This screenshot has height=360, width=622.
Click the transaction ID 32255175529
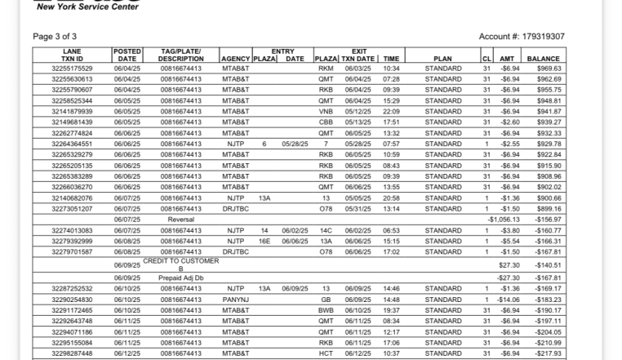(x=73, y=69)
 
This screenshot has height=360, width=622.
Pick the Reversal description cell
(x=180, y=220)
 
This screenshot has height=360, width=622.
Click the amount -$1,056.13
(x=503, y=220)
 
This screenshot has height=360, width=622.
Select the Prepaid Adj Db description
(x=180, y=277)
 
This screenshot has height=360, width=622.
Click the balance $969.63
(x=544, y=69)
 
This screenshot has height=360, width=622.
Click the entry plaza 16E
(x=264, y=241)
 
